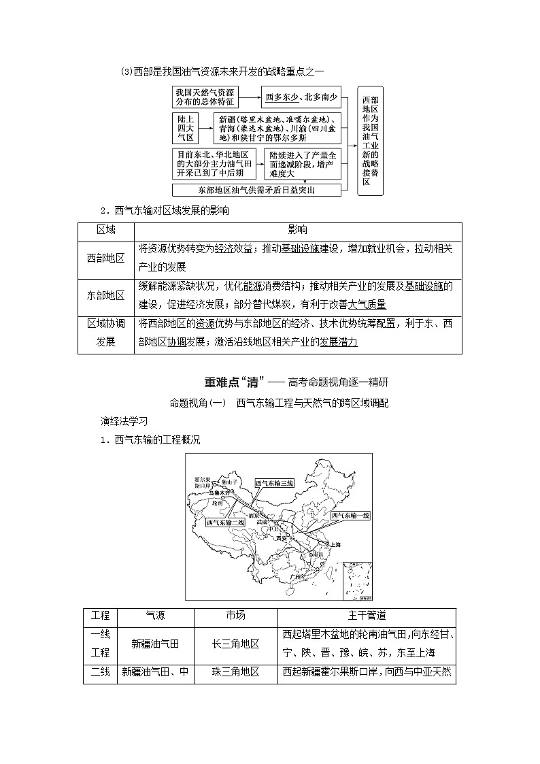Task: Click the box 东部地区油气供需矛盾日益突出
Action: click(256, 190)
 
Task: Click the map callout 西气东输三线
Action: click(274, 483)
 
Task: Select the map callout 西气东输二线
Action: click(225, 521)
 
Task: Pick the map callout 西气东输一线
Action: click(350, 516)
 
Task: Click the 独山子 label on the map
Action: click(228, 482)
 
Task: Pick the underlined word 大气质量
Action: click(367, 304)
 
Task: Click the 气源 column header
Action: click(155, 616)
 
